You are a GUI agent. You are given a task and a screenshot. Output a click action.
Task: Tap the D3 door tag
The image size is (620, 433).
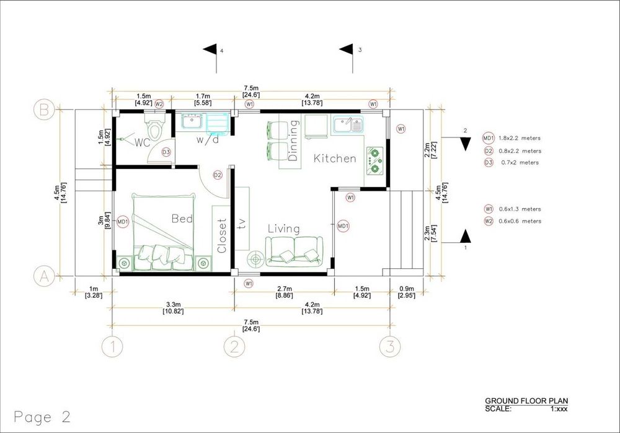point(166,152)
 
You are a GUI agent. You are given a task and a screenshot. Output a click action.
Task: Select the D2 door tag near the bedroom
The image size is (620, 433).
point(218,175)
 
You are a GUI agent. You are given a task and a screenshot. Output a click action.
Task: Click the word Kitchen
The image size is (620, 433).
point(335,159)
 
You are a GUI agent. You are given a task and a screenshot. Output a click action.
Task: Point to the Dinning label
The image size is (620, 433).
point(293,140)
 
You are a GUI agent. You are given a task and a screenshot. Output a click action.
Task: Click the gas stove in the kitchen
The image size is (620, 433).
point(374,161)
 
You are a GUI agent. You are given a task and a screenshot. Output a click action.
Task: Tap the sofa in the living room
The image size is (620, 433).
point(294,251)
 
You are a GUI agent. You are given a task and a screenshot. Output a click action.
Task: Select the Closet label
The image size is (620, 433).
point(221,236)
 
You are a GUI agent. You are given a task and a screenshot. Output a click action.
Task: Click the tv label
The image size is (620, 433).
point(242,224)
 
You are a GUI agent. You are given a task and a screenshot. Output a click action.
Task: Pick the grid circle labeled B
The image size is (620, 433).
point(44,110)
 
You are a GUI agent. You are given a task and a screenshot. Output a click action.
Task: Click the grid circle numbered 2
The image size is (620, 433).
point(234,346)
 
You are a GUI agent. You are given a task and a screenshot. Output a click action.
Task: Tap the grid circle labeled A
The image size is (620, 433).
point(44,276)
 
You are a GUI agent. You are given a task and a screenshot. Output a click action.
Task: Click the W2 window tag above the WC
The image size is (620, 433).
point(159,104)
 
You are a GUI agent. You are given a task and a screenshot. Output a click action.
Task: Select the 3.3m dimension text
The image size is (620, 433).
point(173,304)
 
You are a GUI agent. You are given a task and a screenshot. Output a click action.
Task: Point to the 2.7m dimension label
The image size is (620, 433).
point(285,289)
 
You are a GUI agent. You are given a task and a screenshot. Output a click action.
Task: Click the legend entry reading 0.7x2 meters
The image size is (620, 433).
point(520,162)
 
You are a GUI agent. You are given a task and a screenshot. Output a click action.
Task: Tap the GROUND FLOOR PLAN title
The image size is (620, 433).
point(526,401)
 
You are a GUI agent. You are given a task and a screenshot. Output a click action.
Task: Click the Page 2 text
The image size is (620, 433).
point(42,417)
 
